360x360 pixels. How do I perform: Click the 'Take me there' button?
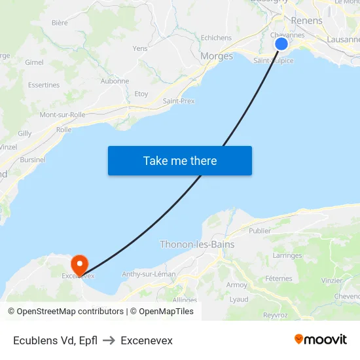click(x=180, y=160)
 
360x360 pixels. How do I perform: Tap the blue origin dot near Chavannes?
click(x=281, y=44)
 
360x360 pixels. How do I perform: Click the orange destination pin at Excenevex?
click(x=79, y=264)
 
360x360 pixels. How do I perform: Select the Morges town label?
click(x=217, y=56)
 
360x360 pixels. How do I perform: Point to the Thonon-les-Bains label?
click(x=197, y=245)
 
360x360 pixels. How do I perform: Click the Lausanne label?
click(x=343, y=39)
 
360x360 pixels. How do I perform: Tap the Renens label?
click(x=306, y=21)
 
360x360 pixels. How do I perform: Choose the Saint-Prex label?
click(x=179, y=101)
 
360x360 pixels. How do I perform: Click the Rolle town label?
click(x=64, y=130)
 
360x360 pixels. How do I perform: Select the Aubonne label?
click(x=115, y=81)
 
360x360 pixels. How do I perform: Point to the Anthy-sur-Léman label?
click(x=149, y=274)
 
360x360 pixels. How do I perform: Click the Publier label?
click(x=260, y=231)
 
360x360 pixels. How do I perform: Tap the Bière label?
click(x=60, y=23)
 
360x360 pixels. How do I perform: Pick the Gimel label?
click(x=34, y=62)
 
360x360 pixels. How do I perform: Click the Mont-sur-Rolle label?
click(x=63, y=115)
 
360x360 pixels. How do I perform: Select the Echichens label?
click(x=216, y=38)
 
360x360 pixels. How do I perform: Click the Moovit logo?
click(x=321, y=339)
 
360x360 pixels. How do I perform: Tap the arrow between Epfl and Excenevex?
click(x=109, y=340)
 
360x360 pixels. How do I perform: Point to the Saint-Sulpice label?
click(x=274, y=61)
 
